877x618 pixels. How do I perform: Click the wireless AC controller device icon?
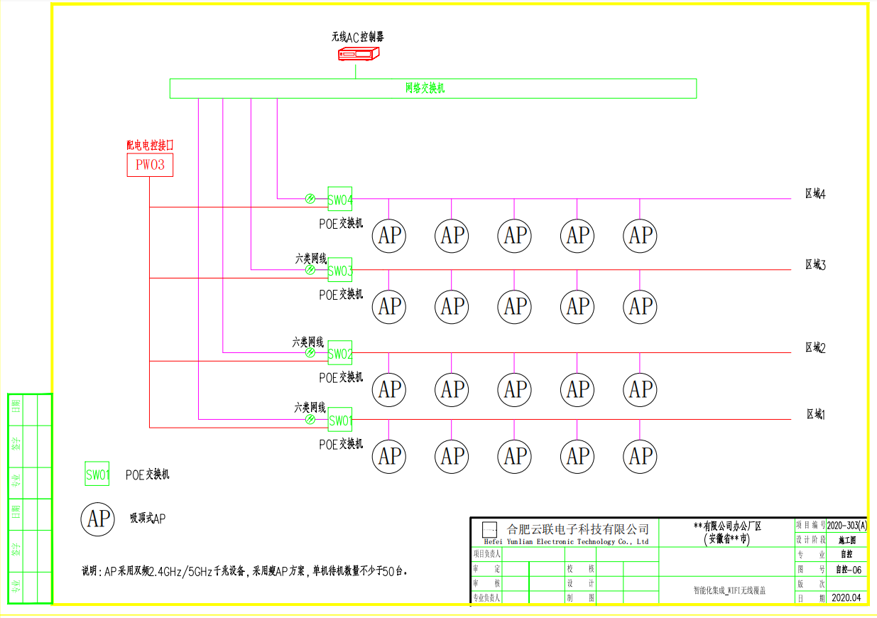click(359, 54)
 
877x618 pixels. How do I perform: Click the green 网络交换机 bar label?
click(425, 88)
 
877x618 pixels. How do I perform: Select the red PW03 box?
click(150, 166)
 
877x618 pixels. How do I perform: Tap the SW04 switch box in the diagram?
click(340, 199)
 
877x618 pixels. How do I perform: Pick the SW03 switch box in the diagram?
click(340, 270)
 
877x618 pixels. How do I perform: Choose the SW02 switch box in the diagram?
click(340, 353)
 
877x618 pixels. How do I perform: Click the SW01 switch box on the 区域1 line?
click(340, 420)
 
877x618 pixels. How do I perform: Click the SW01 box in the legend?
click(97, 475)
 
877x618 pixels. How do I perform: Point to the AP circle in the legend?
click(97, 519)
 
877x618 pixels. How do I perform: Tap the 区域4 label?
click(815, 193)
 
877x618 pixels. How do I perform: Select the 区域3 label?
click(815, 264)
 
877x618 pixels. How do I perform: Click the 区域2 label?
click(815, 347)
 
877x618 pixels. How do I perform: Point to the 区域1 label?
click(815, 414)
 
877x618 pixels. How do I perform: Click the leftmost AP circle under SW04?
click(389, 236)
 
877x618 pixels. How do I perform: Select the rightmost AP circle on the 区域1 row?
click(641, 456)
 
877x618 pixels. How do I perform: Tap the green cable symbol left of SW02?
click(310, 353)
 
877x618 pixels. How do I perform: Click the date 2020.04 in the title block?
click(846, 597)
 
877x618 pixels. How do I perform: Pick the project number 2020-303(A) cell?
click(846, 526)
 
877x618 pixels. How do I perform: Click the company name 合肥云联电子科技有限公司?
click(577, 529)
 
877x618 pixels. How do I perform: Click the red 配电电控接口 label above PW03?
click(150, 145)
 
